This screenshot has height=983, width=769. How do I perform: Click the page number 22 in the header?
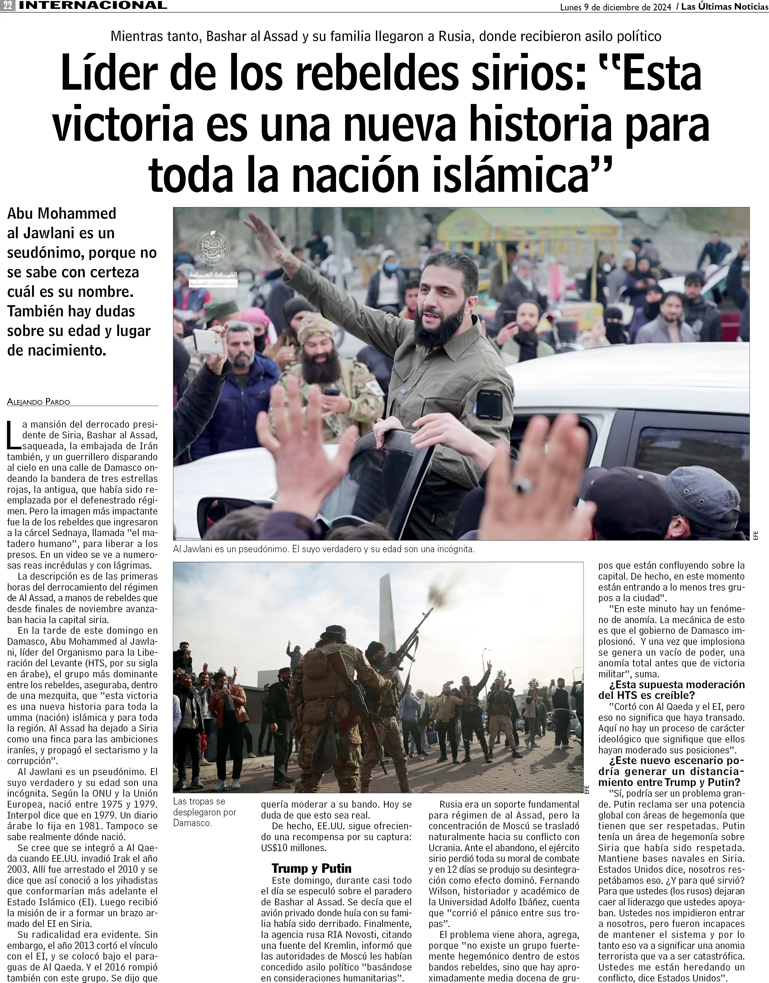[7, 6]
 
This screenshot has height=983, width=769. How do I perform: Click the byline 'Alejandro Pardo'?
[39, 402]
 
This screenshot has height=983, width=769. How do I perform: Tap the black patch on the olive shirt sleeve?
[489, 403]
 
